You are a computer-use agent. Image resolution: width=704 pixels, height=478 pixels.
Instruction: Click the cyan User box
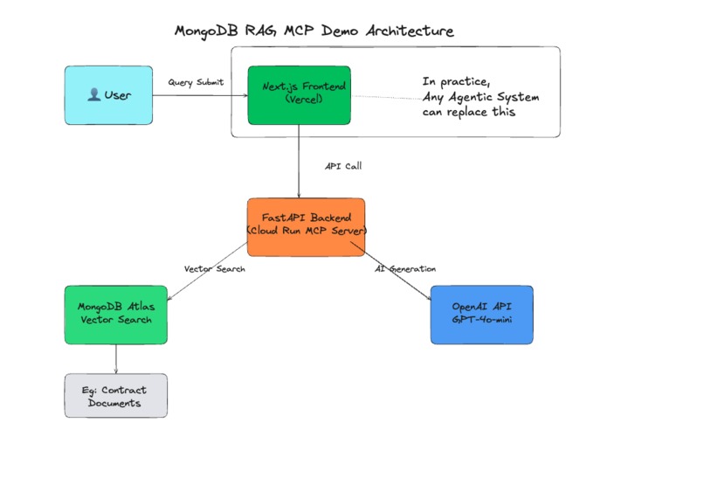click(x=108, y=95)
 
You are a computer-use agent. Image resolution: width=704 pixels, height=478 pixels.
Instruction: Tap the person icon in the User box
click(x=93, y=95)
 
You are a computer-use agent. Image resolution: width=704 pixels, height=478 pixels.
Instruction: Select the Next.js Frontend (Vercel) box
click(x=299, y=94)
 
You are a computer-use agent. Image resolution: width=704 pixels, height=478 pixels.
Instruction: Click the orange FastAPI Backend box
click(x=306, y=227)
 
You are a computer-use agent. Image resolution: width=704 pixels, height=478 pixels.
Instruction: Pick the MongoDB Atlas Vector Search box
click(x=115, y=314)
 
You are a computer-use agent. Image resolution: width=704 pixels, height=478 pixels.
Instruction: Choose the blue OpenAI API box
click(x=481, y=315)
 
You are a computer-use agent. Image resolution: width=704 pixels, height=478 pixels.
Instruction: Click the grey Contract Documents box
click(x=115, y=396)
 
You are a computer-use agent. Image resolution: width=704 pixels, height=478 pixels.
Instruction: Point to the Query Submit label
click(x=196, y=82)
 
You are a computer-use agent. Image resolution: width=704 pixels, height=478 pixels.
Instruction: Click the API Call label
click(x=342, y=164)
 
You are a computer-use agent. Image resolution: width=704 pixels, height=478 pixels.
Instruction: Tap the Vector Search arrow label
click(x=215, y=269)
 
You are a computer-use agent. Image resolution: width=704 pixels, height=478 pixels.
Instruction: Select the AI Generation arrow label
click(x=405, y=269)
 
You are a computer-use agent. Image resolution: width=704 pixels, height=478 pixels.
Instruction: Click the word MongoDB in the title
click(x=210, y=31)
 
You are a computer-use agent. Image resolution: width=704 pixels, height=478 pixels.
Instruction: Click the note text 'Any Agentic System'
click(x=480, y=97)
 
